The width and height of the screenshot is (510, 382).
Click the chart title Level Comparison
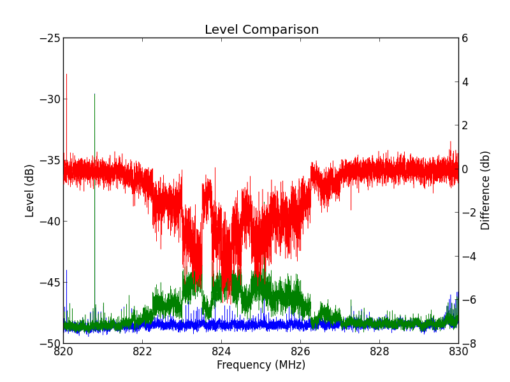tap(261, 30)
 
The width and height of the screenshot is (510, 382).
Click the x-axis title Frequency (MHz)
tap(261, 365)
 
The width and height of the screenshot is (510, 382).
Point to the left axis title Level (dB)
tap(30, 190)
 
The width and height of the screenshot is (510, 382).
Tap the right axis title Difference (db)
tap(486, 190)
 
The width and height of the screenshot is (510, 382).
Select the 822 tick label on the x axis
tap(142, 351)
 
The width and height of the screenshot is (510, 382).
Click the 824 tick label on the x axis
tap(221, 351)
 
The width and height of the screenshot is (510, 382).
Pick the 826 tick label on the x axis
tap(300, 351)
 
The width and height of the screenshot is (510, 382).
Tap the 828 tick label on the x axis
tap(379, 351)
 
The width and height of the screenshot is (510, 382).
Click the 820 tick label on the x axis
tap(63, 351)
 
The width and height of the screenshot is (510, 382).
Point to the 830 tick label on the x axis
tap(458, 351)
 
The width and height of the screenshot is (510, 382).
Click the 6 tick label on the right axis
tap(465, 38)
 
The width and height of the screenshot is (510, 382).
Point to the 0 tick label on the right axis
tap(465, 169)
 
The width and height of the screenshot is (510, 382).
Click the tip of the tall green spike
tap(94, 94)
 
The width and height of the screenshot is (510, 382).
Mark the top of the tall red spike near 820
tap(66, 74)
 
